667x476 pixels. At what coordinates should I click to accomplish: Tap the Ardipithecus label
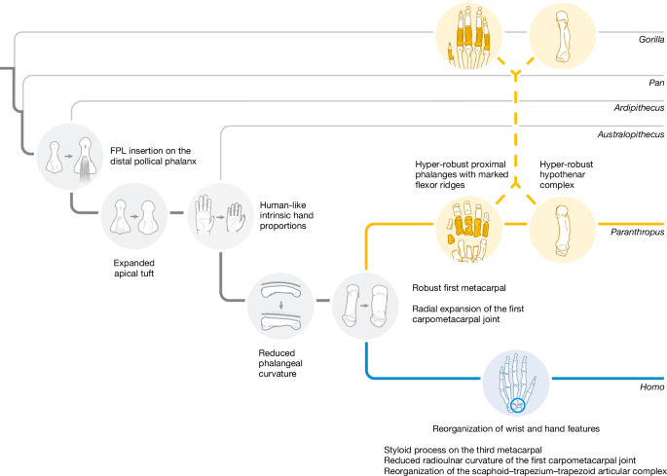point(638,109)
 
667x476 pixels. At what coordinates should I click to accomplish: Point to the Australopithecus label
point(630,133)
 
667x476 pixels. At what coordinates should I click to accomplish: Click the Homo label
point(653,386)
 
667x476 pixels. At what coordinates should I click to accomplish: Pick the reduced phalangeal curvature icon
point(281,306)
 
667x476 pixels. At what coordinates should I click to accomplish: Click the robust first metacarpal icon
point(365,306)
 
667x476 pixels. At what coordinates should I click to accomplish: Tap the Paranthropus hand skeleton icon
point(469,228)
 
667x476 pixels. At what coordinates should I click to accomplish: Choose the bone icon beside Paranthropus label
point(562,228)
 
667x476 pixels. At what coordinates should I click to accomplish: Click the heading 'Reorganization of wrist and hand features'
point(516,427)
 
